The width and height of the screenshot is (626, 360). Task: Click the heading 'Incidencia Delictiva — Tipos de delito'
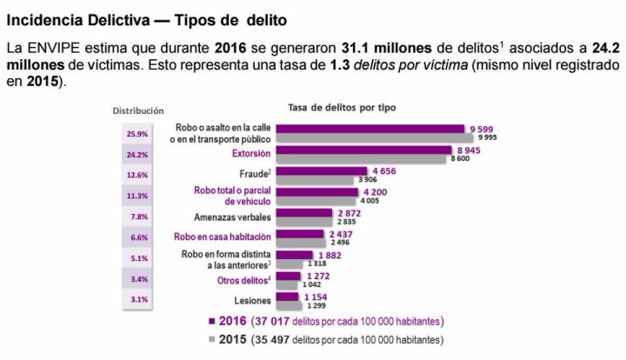pos(149,18)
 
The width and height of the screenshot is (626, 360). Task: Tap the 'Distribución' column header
pos(137,110)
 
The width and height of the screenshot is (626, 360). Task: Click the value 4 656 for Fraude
pos(383,170)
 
